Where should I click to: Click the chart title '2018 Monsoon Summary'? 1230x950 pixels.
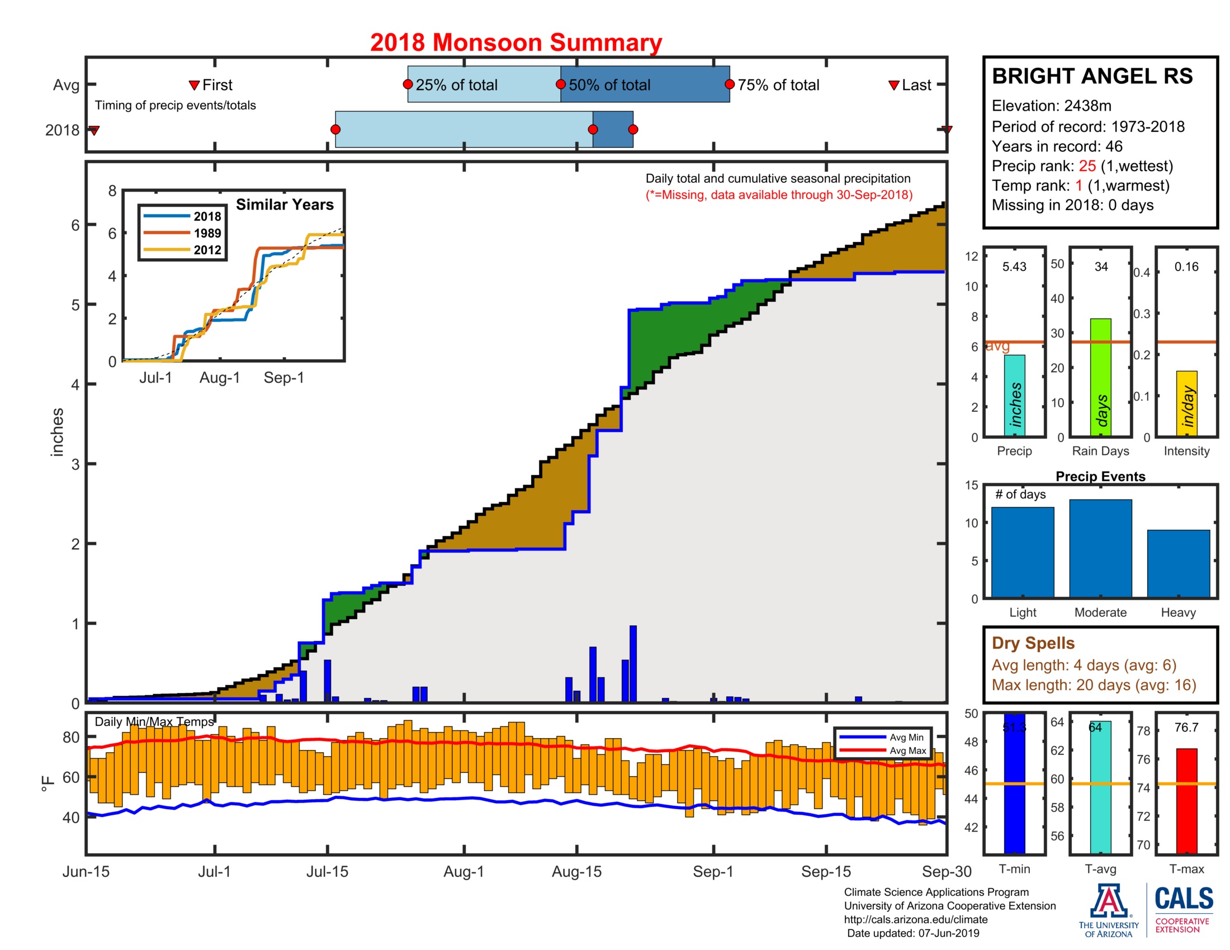[515, 43]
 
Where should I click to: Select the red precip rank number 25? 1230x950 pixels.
[1087, 166]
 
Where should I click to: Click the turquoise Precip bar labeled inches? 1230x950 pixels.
[1014, 395]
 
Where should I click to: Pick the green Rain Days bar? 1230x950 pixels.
[1100, 377]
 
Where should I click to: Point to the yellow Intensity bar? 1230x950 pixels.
[1186, 403]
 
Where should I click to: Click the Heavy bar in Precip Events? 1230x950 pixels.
[1177, 563]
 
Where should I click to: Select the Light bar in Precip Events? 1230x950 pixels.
[1022, 552]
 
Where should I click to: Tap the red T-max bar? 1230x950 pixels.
[1186, 800]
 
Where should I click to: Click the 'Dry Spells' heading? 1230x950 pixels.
[1033, 643]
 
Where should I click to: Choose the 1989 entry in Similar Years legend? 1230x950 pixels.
[207, 233]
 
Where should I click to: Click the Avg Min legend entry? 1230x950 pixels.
[906, 737]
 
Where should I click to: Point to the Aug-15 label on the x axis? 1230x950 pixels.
[576, 872]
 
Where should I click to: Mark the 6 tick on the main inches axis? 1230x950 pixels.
[75, 225]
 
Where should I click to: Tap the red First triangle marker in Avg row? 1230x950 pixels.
[194, 85]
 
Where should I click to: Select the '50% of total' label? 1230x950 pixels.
[609, 85]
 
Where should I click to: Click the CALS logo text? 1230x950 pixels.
[1183, 899]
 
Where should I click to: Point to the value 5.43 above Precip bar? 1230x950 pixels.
[1014, 267]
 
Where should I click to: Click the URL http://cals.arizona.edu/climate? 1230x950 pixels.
[915, 920]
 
